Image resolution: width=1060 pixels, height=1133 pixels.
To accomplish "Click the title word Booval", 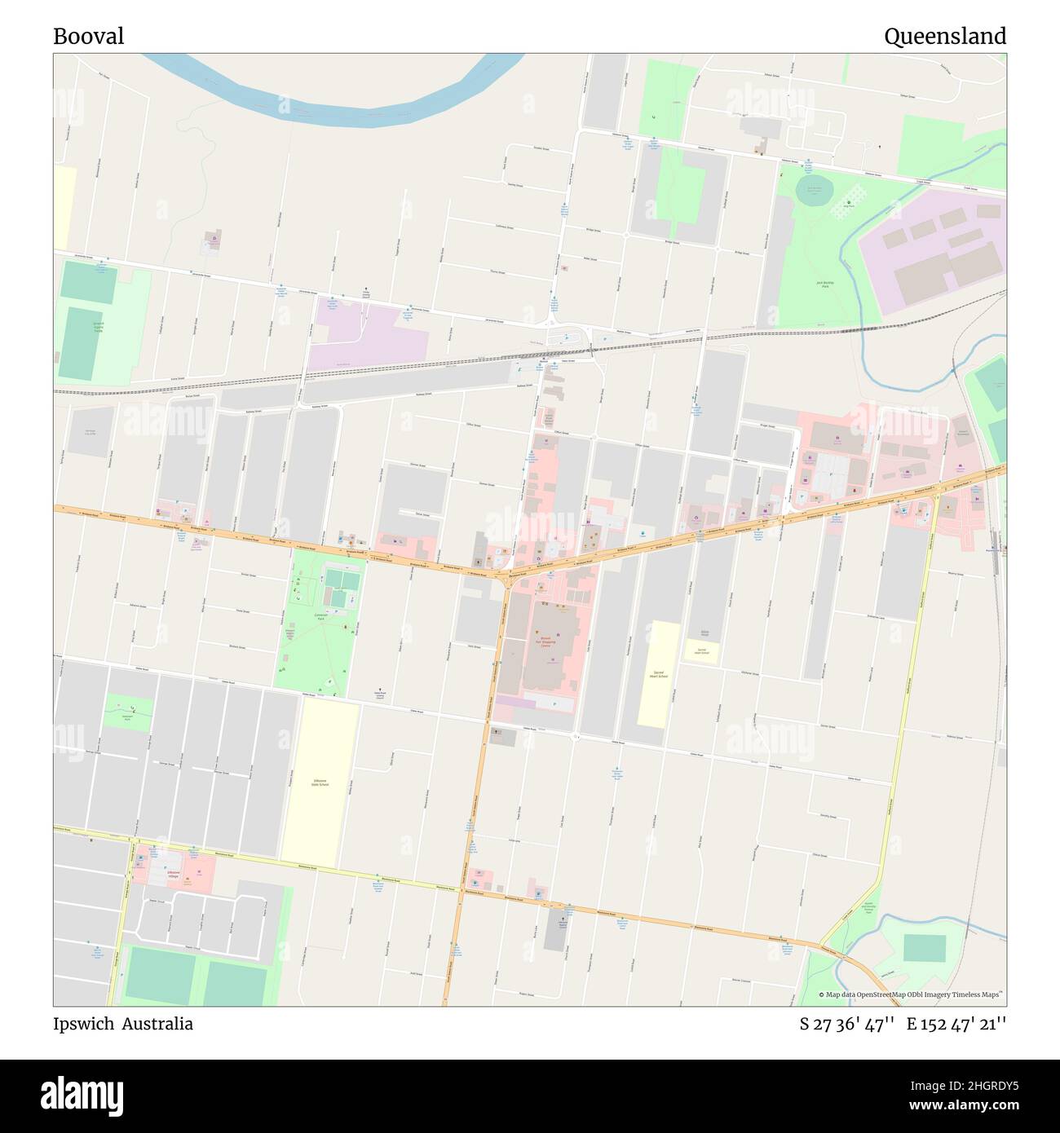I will tap(88, 37).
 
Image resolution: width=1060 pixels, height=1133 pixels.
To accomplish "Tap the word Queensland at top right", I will tap(944, 37).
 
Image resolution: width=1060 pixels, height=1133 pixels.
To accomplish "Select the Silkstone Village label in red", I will tap(173, 873).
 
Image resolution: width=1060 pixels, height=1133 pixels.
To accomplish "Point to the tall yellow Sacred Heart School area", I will tap(659, 673).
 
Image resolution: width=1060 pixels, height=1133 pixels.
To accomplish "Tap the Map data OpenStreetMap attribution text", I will tap(911, 994).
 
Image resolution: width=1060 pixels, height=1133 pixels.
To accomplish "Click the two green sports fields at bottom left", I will tap(196, 976).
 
